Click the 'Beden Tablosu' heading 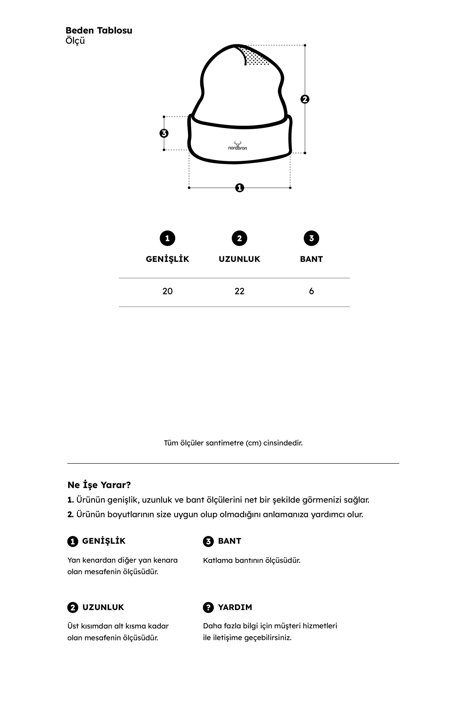point(99,31)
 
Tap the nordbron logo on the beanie point(238,146)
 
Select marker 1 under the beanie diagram point(240,188)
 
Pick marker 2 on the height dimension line point(305,99)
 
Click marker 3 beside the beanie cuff point(164,133)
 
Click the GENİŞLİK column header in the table point(167,259)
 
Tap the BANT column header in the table point(311,259)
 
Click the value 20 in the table point(167,291)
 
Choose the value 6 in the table point(311,291)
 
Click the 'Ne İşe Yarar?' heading point(99,485)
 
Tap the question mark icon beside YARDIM point(208,607)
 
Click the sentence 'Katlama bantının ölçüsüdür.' point(252,560)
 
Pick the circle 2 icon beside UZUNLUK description point(73,607)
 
